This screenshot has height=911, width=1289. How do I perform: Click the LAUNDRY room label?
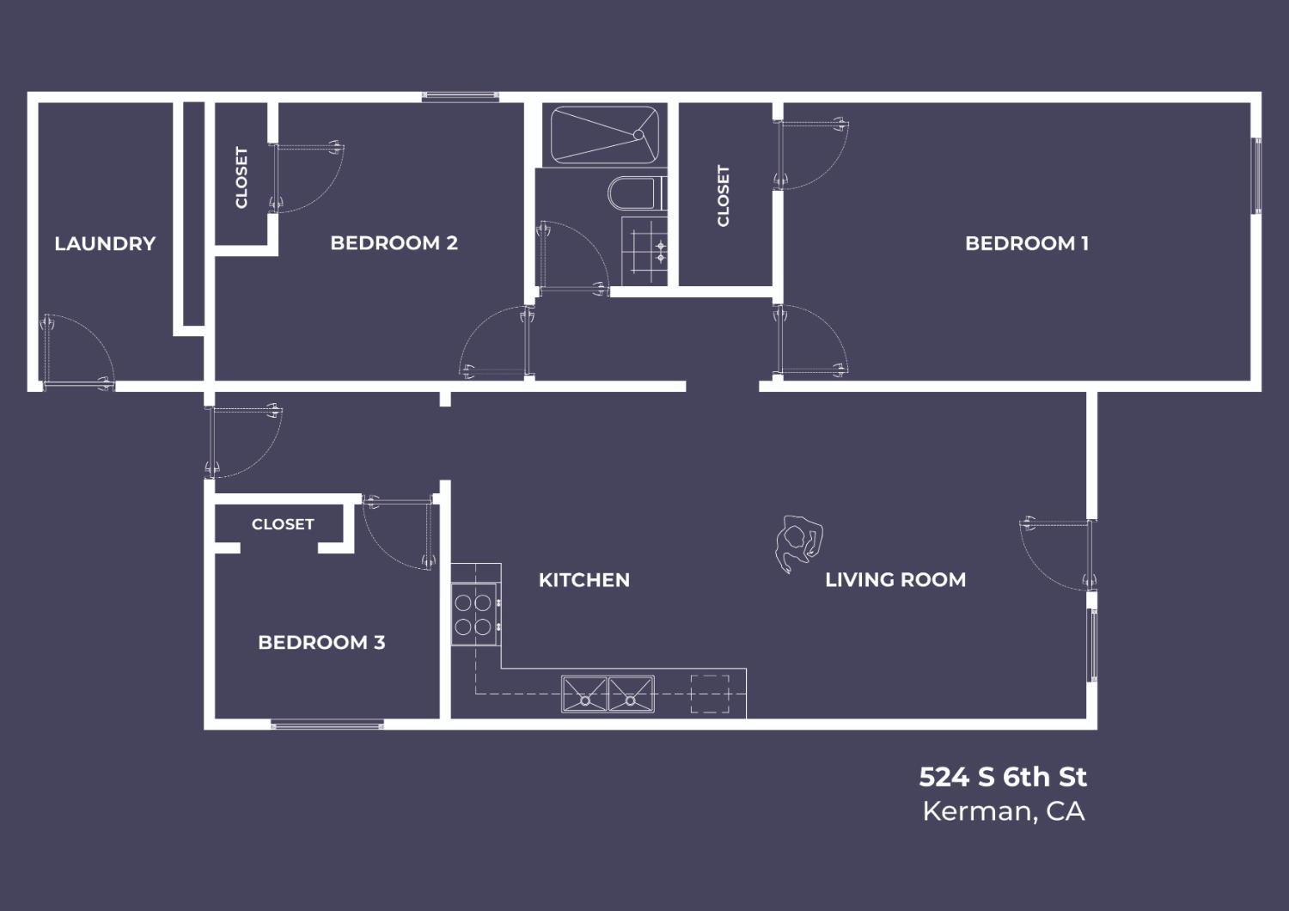pos(105,244)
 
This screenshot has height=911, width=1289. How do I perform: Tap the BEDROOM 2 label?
pos(394,243)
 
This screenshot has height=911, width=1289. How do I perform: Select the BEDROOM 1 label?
pos(1027,244)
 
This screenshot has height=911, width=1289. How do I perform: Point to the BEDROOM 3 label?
pos(321,642)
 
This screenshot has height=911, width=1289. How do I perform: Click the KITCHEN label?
pos(584,580)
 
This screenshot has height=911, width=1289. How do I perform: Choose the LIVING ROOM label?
pos(895,580)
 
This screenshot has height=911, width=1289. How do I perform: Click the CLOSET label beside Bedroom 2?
pos(241,177)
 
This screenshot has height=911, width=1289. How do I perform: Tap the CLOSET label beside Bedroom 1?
pos(724,196)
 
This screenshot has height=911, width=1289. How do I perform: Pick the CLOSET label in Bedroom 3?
pos(283,524)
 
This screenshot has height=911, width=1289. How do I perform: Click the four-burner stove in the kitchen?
pos(474,614)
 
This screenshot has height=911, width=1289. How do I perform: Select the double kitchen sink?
pos(608,694)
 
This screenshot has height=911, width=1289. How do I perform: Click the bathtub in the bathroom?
pos(604,135)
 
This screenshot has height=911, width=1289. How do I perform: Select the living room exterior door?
pos(1057,554)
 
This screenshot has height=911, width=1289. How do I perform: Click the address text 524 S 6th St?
pos(1003,777)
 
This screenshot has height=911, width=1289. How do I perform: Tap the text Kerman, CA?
pos(1004,811)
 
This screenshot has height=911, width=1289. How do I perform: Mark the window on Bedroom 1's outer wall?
pos(1257,176)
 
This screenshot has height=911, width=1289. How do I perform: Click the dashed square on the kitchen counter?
pos(710,694)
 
